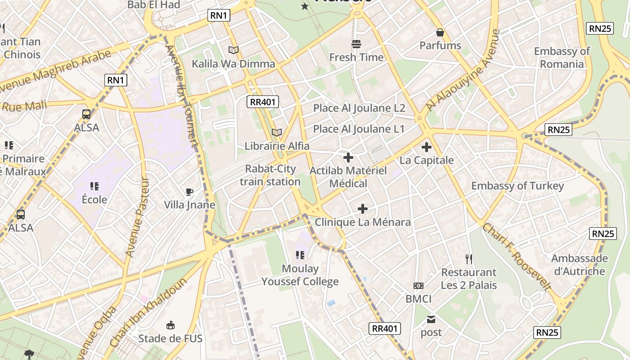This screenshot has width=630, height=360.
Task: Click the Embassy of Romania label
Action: [x=562, y=58]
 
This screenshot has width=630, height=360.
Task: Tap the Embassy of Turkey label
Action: [x=517, y=186]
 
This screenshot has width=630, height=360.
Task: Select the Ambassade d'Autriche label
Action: [x=579, y=265]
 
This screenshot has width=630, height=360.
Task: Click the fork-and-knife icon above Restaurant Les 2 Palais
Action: [x=469, y=259]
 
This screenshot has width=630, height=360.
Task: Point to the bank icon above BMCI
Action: [x=418, y=286]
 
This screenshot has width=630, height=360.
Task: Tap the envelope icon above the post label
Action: [x=431, y=319]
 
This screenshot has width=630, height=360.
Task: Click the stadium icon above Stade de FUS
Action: [x=171, y=325]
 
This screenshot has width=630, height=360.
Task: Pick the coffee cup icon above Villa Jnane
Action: [x=189, y=192]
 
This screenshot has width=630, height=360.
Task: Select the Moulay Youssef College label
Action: [x=300, y=275]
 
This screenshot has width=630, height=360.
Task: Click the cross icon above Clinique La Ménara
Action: [x=363, y=209]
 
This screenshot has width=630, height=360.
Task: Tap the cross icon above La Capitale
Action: [x=426, y=147]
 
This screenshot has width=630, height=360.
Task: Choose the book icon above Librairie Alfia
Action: [x=277, y=132]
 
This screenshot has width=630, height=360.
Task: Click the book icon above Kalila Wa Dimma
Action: [x=233, y=50]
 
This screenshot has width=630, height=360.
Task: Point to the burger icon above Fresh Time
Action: [x=356, y=44]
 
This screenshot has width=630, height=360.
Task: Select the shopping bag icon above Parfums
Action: [x=440, y=32]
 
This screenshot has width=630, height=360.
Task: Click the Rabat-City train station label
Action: [x=270, y=175]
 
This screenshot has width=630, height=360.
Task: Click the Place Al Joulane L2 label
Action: [x=359, y=108]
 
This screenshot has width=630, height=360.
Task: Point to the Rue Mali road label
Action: [x=25, y=107]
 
